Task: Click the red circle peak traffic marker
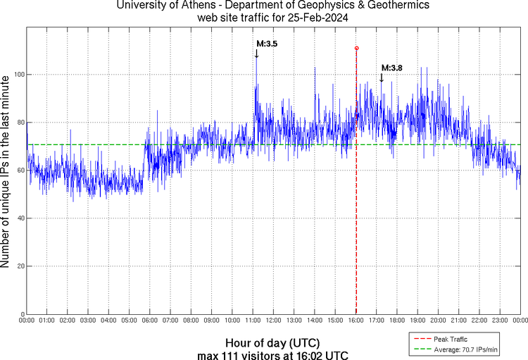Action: [357, 48]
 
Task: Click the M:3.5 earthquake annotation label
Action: [266, 44]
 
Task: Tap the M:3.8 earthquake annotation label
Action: [391, 68]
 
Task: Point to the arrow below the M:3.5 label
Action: [256, 54]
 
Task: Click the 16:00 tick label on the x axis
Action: [356, 321]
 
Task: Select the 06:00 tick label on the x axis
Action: [150, 321]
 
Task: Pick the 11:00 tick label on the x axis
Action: [253, 321]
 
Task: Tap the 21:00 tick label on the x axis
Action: [459, 321]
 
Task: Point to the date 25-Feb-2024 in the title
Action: [320, 18]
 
